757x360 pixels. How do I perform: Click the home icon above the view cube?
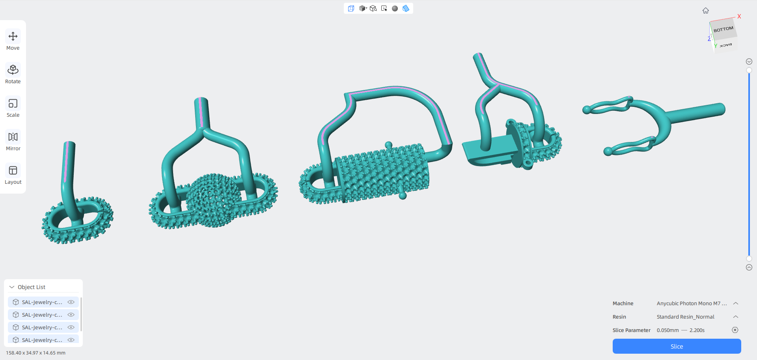(x=706, y=11)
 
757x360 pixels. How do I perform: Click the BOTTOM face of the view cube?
(x=723, y=29)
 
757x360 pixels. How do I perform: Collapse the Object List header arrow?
(x=12, y=287)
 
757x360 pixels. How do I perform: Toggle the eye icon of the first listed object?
(x=71, y=302)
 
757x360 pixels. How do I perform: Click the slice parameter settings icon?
(x=735, y=330)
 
